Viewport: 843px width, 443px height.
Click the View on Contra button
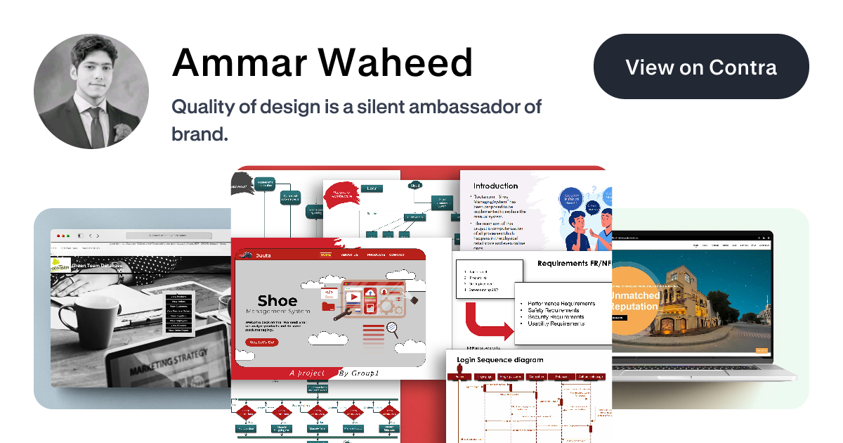click(701, 67)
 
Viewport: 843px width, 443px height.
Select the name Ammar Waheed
click(322, 63)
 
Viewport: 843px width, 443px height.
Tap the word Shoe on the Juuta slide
click(277, 300)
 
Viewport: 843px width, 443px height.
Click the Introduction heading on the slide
click(495, 186)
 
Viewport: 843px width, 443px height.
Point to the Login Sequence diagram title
click(499, 360)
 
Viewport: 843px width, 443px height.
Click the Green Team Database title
click(97, 265)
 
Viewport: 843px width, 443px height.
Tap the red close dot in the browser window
click(60, 235)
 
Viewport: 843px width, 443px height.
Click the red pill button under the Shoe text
click(261, 342)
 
